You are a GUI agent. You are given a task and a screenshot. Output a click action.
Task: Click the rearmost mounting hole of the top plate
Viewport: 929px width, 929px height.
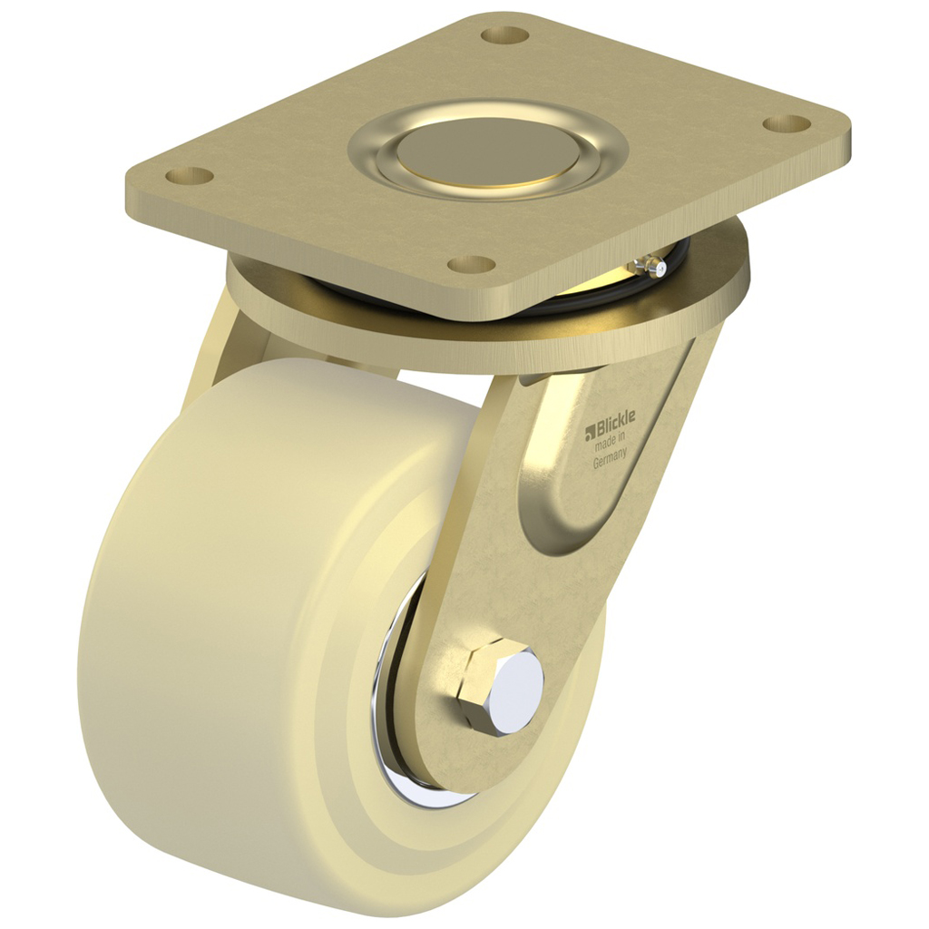(505, 35)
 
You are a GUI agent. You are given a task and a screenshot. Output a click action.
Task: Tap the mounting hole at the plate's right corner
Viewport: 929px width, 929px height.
(786, 122)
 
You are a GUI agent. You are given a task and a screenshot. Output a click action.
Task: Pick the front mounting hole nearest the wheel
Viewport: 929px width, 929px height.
(472, 264)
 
